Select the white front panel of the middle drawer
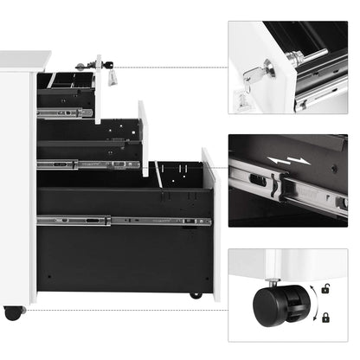144,138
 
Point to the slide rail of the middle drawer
87,164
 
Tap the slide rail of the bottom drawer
121,221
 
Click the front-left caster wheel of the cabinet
13,312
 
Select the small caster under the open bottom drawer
196,295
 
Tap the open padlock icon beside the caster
325,288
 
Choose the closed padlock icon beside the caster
325,318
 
